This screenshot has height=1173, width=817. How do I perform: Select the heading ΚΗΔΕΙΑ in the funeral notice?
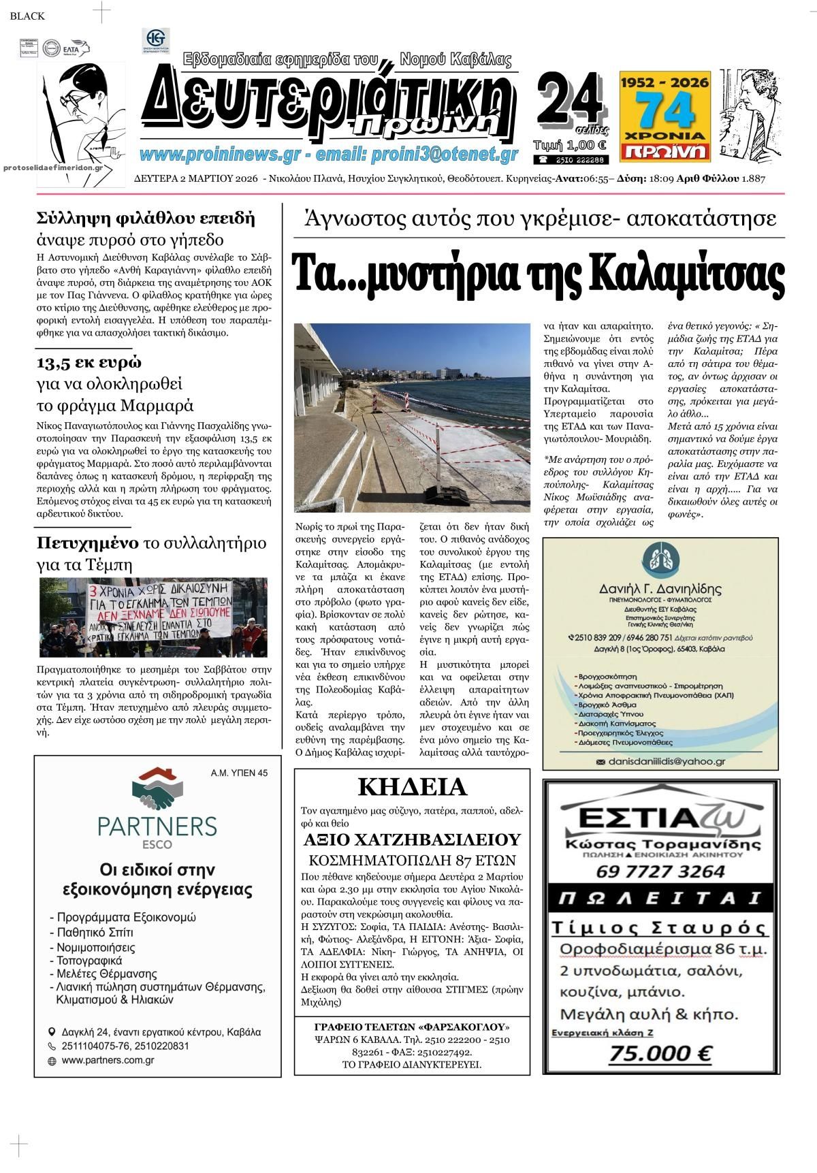coord(412,787)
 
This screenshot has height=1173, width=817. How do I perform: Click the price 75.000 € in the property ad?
coord(660,1054)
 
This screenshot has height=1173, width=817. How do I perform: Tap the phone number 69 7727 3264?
coord(660,871)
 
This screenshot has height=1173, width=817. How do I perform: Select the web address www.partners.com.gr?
coord(108,1061)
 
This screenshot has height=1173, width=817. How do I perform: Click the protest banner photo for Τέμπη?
coord(153,618)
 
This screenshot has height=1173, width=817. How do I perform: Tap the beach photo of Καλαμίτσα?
coord(412,417)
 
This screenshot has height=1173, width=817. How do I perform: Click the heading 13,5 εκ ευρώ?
coord(89,361)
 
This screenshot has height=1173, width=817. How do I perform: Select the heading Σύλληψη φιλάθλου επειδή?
coord(146,219)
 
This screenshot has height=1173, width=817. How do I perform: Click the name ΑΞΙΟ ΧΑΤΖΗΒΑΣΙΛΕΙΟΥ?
coord(412,839)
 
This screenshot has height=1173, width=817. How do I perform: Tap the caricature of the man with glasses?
coord(80,112)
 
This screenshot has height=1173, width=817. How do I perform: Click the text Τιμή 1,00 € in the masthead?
coord(571,144)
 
